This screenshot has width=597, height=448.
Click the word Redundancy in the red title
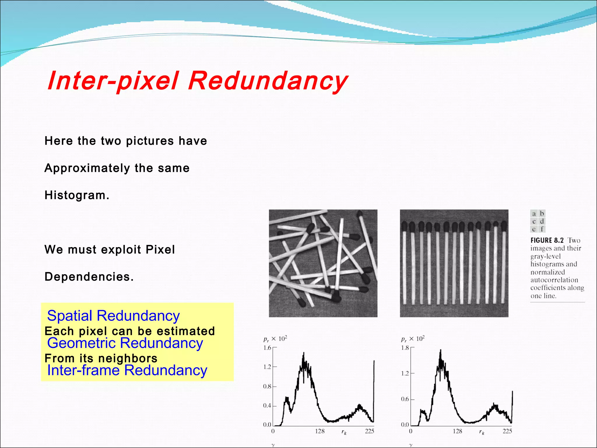click(268, 81)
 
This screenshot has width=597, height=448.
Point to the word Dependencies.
click(89, 276)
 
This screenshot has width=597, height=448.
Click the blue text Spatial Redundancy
click(113, 316)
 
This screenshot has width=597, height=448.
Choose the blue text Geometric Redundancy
click(125, 343)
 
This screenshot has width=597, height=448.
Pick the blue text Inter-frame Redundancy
click(127, 370)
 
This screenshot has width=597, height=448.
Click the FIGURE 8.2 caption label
click(547, 240)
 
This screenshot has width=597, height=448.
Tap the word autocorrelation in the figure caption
click(554, 280)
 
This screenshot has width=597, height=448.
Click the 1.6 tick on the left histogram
click(267, 348)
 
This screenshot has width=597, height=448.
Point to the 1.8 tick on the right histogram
click(405, 348)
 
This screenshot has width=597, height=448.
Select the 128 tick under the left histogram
click(319, 431)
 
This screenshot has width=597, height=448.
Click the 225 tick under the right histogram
click(507, 431)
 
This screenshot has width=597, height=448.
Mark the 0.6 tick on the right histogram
click(405, 399)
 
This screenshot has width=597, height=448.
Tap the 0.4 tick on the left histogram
click(267, 406)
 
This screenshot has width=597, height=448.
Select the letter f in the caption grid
click(542, 229)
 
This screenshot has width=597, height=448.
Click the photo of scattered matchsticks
click(323, 263)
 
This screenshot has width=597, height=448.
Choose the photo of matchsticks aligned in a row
click(454, 263)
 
